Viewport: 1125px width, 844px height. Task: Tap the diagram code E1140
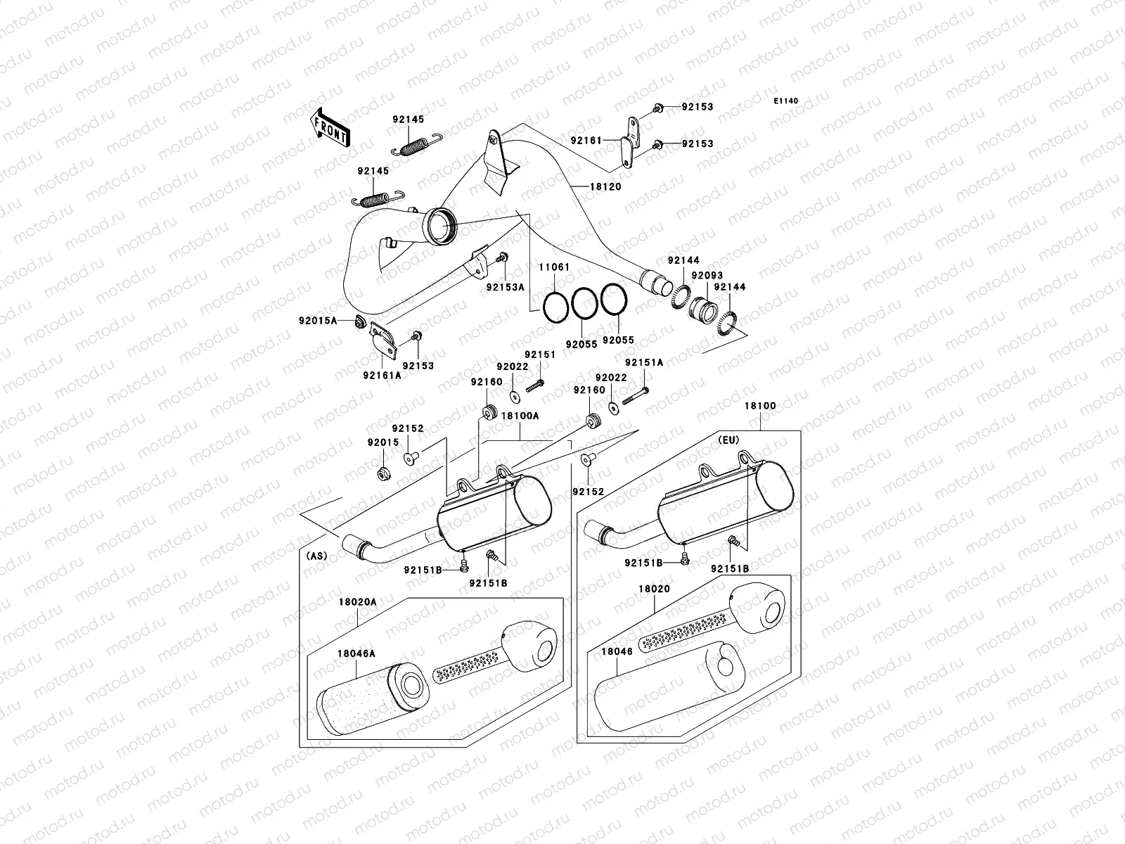[x=787, y=101]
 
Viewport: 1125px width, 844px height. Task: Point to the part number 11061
[x=554, y=268]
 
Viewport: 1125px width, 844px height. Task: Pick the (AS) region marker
[x=316, y=556]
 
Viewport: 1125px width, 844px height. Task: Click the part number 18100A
[x=520, y=416]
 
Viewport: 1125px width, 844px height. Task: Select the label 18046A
[x=356, y=653]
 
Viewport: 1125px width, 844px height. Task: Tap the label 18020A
[x=357, y=602]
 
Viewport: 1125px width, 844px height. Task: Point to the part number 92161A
[x=382, y=375]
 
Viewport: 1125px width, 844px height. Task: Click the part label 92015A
[x=317, y=321]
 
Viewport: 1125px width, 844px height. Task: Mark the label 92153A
[x=505, y=287]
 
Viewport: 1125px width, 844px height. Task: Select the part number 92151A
[x=644, y=362]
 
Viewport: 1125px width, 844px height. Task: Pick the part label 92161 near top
[x=586, y=141]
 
